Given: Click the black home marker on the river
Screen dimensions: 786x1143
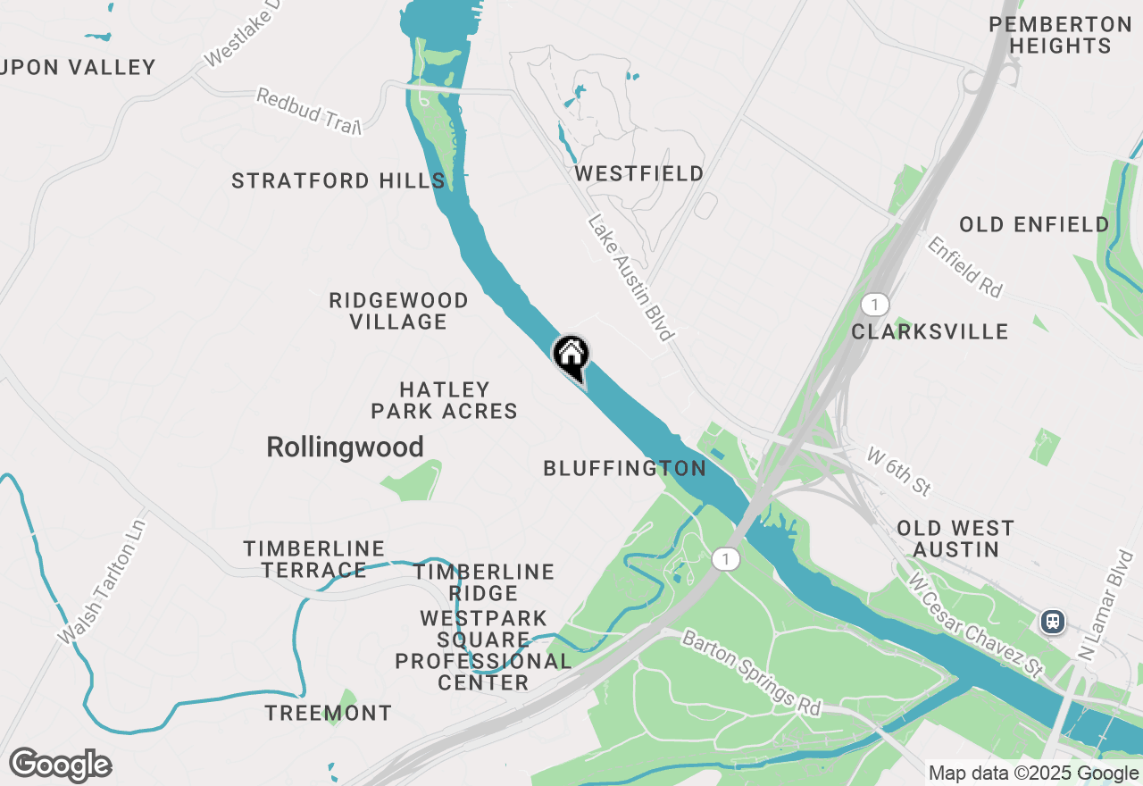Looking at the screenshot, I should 571,356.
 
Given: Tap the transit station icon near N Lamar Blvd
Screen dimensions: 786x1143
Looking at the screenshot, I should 1054,621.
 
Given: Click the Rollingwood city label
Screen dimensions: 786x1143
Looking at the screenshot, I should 345,447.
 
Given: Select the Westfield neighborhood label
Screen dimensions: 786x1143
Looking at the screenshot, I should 639,173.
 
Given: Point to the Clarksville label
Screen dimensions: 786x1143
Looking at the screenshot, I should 930,332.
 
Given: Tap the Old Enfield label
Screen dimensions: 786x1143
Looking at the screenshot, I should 1034,224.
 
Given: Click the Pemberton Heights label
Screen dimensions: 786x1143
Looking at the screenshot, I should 1061,36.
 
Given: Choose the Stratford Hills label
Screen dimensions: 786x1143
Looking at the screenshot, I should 338,180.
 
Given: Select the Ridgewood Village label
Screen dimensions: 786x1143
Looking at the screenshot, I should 398,311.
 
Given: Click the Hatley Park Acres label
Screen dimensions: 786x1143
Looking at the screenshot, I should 445,400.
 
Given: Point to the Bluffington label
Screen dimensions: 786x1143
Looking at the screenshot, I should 625,468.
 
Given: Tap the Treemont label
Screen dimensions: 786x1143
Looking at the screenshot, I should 329,713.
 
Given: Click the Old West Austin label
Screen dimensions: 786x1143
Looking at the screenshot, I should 955,539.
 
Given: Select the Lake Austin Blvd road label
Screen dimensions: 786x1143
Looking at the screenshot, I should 630,277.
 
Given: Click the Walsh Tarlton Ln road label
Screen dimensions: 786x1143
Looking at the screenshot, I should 100,581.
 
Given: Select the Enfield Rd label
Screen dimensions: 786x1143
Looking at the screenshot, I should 965,266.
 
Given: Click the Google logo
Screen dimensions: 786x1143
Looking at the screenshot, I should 61,765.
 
